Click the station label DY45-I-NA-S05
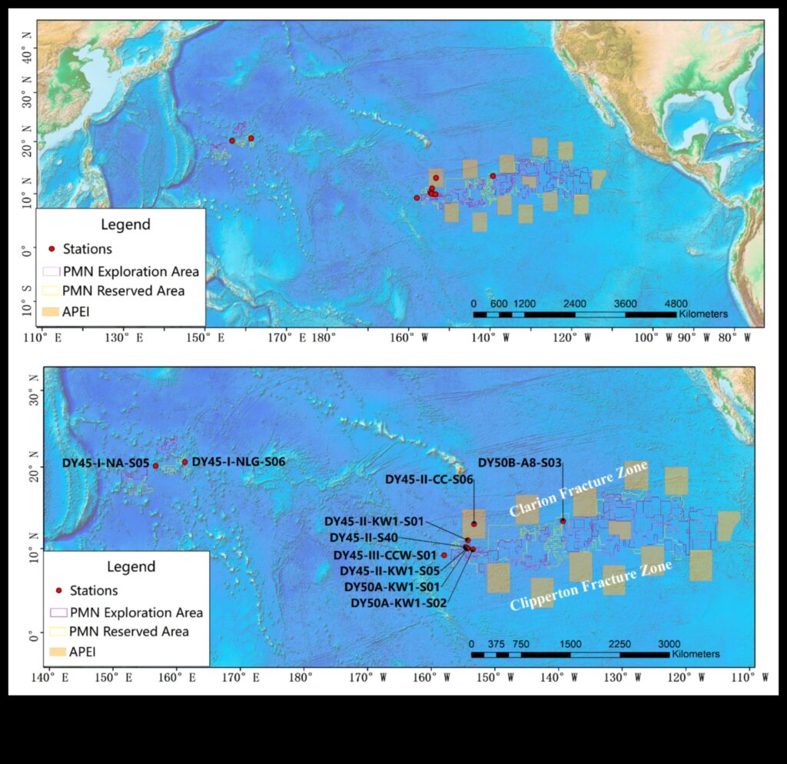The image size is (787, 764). coord(105,463)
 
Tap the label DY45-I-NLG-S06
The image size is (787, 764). coord(238,461)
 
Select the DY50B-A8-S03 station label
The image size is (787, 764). coord(520,463)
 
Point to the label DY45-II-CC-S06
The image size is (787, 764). coord(429,479)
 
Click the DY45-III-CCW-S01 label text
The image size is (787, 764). coord(384,555)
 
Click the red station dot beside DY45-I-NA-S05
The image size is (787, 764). coord(155,466)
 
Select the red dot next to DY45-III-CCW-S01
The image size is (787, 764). coord(443,555)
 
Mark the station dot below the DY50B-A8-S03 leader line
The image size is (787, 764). coord(563,521)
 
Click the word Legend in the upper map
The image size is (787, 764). coord(125,225)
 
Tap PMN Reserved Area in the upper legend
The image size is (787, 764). coord(123,291)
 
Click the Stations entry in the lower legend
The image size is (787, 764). coord(93,590)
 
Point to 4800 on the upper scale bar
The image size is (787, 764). coord(676,304)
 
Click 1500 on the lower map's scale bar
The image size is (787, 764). coord(570,644)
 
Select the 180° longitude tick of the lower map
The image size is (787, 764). coord(301,677)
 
